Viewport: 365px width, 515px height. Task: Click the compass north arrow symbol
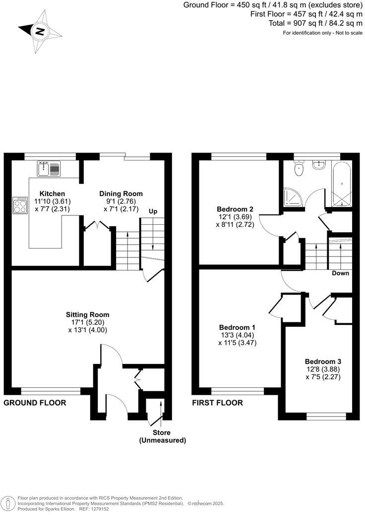40,32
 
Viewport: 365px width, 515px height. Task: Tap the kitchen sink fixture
49,169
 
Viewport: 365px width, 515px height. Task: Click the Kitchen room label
52,193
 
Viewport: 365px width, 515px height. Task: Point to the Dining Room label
121,194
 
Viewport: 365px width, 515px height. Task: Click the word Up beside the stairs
154,211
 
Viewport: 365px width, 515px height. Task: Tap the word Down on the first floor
340,273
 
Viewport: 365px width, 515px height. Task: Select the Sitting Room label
88,314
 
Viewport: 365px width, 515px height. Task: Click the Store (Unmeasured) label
162,436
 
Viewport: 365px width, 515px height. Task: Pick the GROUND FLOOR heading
35,403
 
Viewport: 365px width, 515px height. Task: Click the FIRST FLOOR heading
218,403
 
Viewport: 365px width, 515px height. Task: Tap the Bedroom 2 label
236,209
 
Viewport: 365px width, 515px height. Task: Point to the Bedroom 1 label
237,327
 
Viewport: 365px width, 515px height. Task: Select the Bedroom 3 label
323,361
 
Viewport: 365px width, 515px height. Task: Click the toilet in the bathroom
298,170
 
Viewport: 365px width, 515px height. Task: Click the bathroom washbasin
318,165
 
